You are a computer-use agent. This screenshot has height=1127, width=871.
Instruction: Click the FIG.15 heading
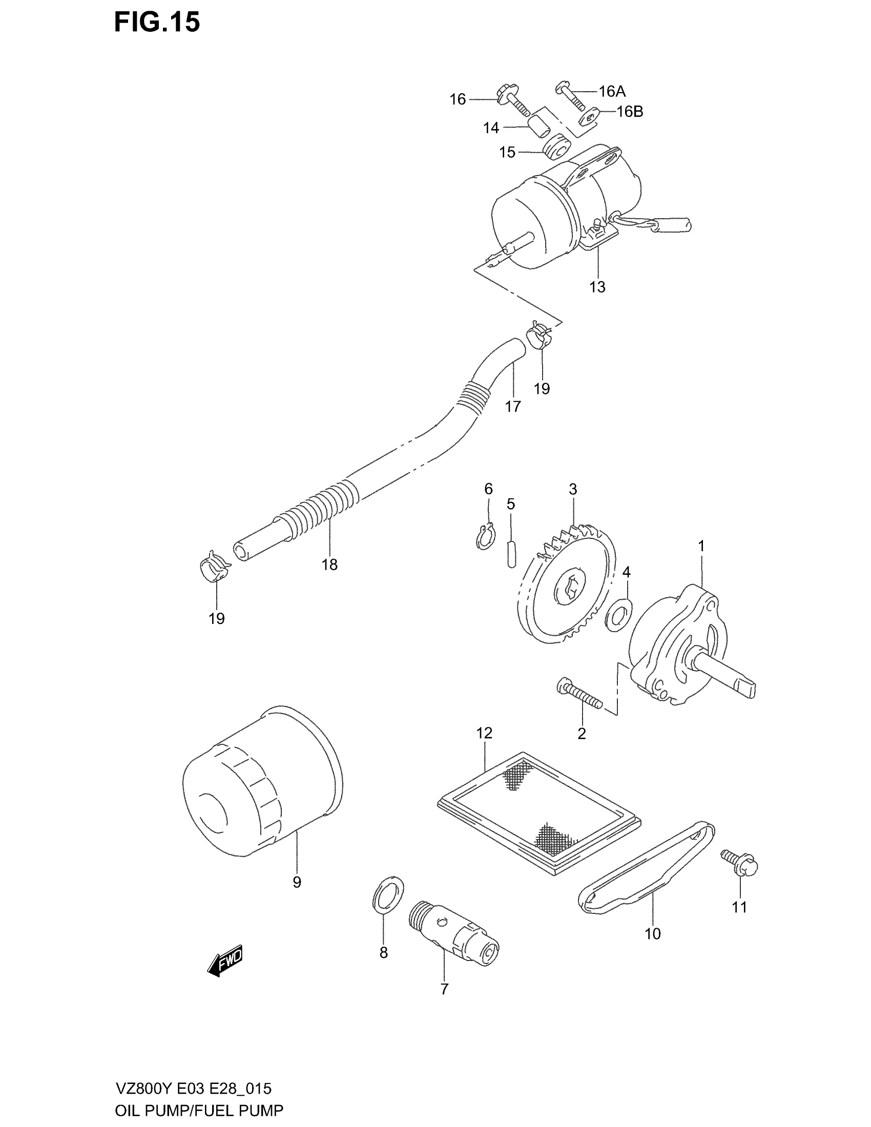click(157, 23)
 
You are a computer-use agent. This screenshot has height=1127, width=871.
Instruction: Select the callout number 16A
click(612, 91)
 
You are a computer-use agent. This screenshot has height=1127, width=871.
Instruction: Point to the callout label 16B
click(630, 112)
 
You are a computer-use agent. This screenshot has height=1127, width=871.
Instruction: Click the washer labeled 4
click(618, 615)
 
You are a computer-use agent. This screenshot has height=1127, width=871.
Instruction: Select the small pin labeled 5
click(511, 553)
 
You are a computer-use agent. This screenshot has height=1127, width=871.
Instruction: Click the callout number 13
click(597, 287)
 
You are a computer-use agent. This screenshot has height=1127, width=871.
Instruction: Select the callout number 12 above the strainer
click(485, 733)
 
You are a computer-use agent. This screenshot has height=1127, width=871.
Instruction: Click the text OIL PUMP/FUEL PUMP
click(199, 1111)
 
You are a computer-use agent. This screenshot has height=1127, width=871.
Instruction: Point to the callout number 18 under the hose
click(329, 565)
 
